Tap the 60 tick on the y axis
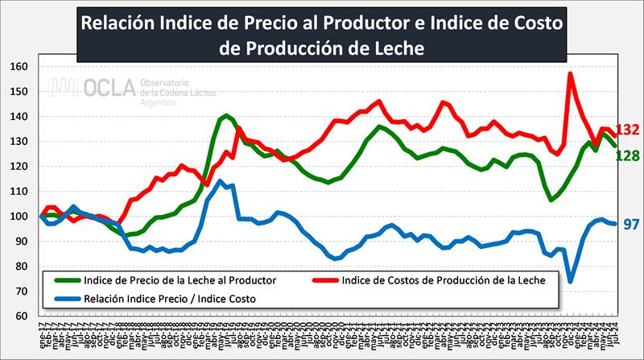click(x=24, y=316)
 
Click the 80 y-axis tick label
click(x=24, y=266)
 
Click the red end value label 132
click(x=627, y=130)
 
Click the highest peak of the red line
click(x=570, y=74)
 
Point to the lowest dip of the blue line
click(x=570, y=282)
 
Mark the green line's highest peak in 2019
click(x=226, y=116)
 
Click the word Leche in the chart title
click(x=386, y=48)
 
